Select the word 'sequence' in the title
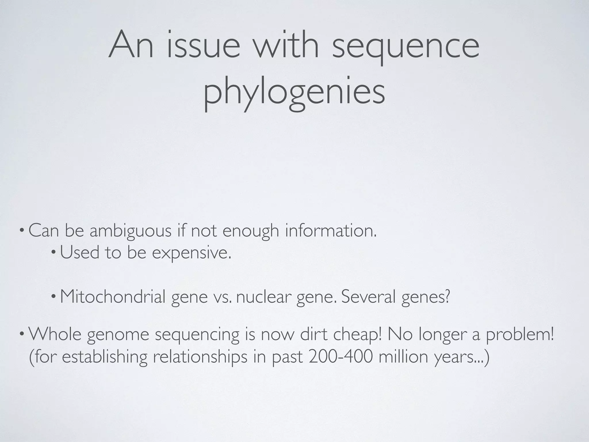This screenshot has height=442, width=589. point(406,46)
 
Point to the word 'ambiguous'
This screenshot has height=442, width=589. point(131,231)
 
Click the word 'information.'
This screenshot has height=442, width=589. point(331,231)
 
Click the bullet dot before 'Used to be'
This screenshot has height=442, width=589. point(53,253)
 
